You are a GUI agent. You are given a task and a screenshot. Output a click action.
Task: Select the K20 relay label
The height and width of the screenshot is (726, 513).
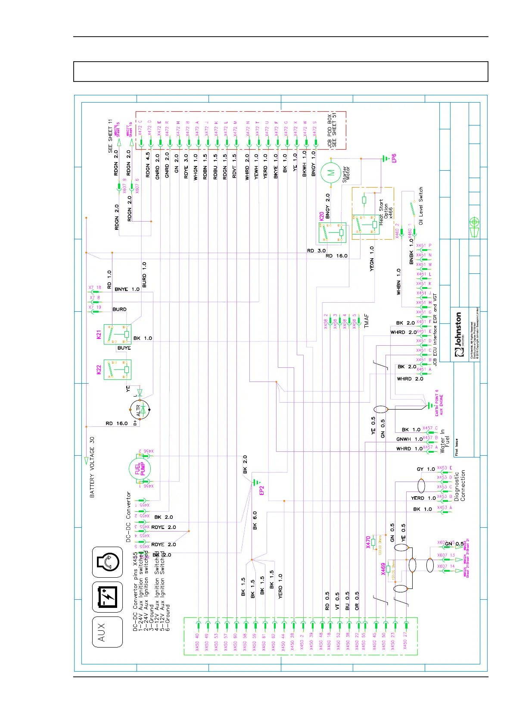pos(321,216)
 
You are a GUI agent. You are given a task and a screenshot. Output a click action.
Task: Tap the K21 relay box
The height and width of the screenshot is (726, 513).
pos(117,334)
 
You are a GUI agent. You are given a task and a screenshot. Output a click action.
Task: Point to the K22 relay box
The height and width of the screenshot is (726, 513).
pos(117,369)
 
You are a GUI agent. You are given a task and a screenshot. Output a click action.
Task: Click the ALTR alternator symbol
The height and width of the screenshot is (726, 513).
pos(140,410)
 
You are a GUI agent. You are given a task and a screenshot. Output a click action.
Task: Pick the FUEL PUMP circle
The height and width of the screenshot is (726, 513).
pos(140,469)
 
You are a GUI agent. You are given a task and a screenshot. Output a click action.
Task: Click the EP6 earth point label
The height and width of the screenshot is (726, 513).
pos(394,158)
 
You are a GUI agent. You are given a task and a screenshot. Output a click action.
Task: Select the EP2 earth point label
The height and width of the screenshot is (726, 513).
pos(261,490)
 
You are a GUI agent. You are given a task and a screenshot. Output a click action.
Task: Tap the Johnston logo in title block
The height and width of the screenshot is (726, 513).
pos(458,335)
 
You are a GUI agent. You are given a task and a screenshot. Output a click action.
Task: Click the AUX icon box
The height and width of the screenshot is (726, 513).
pos(107,632)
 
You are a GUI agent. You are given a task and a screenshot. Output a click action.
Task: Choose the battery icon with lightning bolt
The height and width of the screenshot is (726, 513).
pos(107,597)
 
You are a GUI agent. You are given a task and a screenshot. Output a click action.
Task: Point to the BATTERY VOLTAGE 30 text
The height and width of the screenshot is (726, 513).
pos(92,467)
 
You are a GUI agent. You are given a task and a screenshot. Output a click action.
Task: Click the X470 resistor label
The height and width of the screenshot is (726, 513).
pos(368,542)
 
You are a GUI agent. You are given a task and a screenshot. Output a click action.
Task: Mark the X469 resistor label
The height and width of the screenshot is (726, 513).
pos(383,569)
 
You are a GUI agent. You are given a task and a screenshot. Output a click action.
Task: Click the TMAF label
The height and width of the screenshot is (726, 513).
pos(367,321)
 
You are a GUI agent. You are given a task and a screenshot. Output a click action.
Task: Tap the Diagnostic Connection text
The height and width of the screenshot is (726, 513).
pos(460,485)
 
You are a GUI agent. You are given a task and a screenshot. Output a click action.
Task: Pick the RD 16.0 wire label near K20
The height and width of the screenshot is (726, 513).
pos(336,256)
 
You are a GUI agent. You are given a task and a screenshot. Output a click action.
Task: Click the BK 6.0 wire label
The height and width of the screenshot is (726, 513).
pos(255,521)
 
